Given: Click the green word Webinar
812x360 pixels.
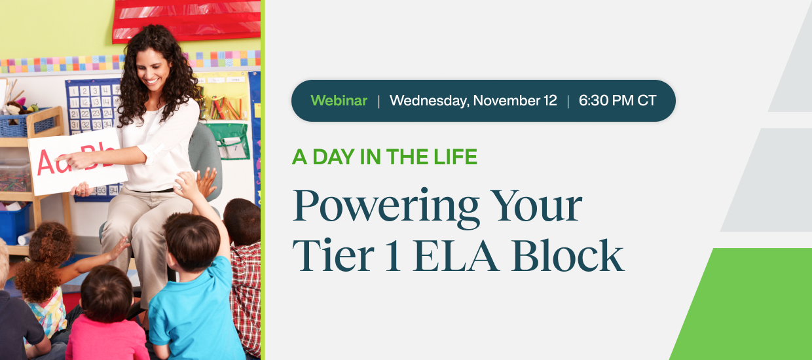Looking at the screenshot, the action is point(339,100).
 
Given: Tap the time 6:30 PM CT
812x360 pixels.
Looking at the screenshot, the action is point(618,100).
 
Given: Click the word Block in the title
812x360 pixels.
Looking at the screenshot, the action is point(568,255).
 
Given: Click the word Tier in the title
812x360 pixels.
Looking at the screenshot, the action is point(333,255).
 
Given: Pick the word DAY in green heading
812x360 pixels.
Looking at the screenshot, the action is point(333,157).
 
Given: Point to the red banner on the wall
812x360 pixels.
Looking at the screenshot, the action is point(187,20).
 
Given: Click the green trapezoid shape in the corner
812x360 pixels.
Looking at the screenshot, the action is point(747,304).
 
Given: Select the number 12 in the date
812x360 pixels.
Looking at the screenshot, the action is point(550,100).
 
